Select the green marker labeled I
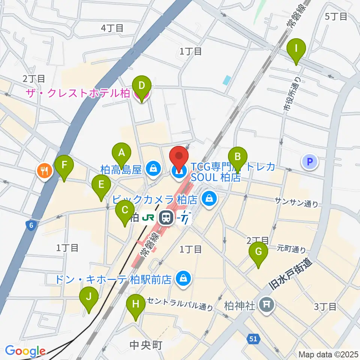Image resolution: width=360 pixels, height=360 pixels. tap(296, 49)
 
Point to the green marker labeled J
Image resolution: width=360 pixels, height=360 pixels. tap(89, 297)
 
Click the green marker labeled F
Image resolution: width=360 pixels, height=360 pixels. tap(64, 165)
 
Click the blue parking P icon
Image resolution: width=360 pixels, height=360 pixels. tap(310, 162)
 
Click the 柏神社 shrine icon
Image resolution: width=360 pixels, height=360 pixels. tap(267, 303)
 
